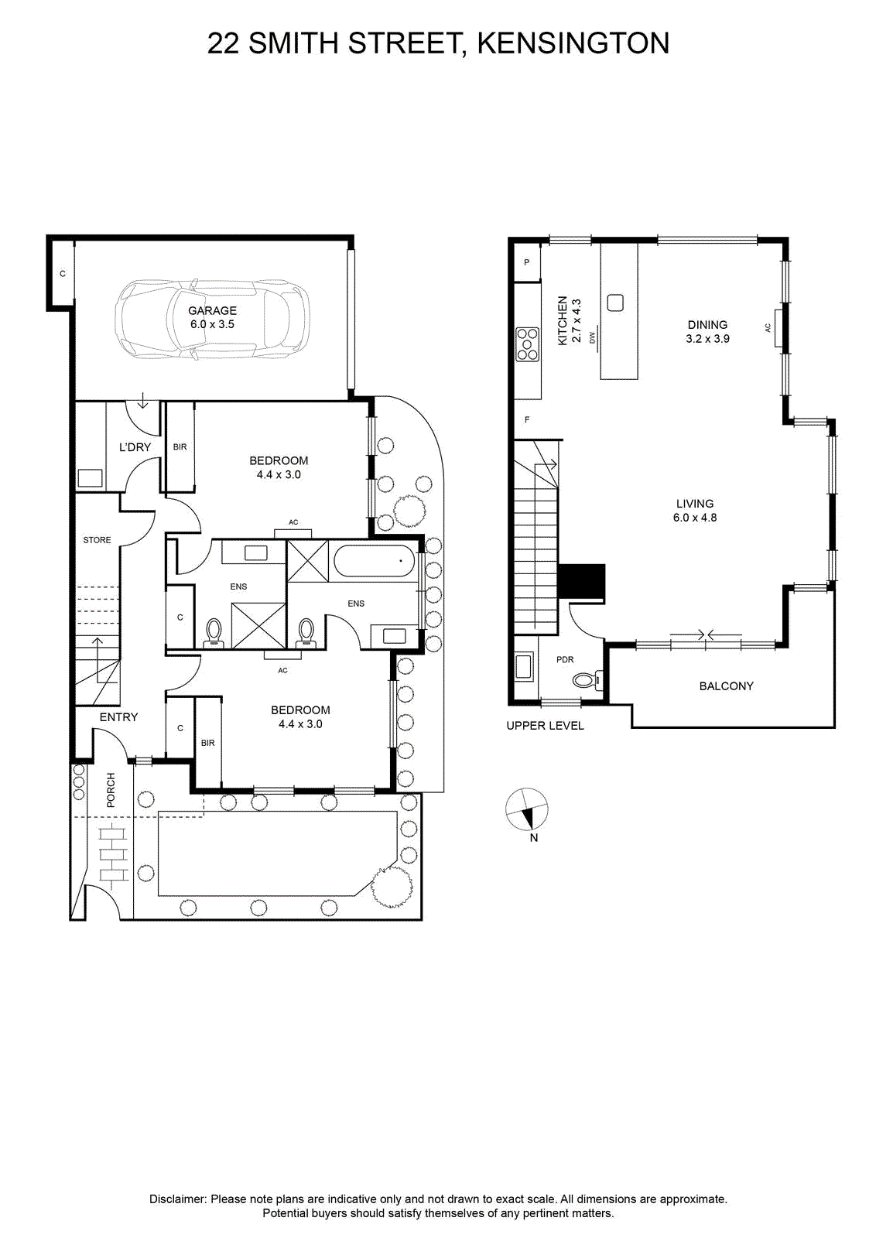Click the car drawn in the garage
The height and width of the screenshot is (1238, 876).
tap(212, 319)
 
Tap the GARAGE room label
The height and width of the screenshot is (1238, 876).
tap(212, 310)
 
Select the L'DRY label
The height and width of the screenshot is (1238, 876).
tap(135, 447)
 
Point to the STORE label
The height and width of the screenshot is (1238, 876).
tap(98, 540)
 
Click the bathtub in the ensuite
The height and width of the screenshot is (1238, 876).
tap(375, 562)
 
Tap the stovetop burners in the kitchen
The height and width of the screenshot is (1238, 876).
tap(527, 344)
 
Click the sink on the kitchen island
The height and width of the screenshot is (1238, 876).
tap(615, 303)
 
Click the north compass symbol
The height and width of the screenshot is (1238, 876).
tap(527, 809)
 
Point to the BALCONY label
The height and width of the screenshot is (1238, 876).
tap(726, 686)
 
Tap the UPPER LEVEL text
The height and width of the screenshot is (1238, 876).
tap(545, 726)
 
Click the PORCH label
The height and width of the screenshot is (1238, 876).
tap(111, 790)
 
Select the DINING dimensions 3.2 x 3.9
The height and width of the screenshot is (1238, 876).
tap(707, 339)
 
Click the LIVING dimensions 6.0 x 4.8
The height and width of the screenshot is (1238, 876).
tap(695, 518)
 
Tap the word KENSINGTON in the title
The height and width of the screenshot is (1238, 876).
tap(573, 43)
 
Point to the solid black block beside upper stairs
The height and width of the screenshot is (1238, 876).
tap(581, 581)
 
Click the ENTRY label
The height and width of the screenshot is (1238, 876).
tap(118, 716)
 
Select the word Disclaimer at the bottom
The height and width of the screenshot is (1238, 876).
tap(178, 1199)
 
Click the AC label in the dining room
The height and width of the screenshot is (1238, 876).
tap(768, 328)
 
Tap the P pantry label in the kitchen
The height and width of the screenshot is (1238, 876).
tap(527, 262)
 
